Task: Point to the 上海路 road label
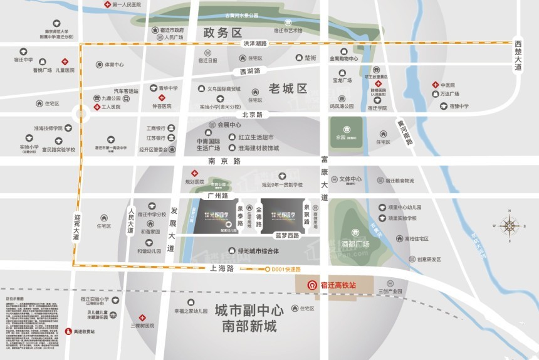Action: [x=222, y=268]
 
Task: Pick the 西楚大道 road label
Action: [x=518, y=55]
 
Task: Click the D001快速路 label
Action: [x=286, y=269]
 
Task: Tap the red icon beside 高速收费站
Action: [x=68, y=331]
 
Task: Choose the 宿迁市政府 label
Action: [x=170, y=30]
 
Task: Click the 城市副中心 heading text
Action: [x=249, y=310]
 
